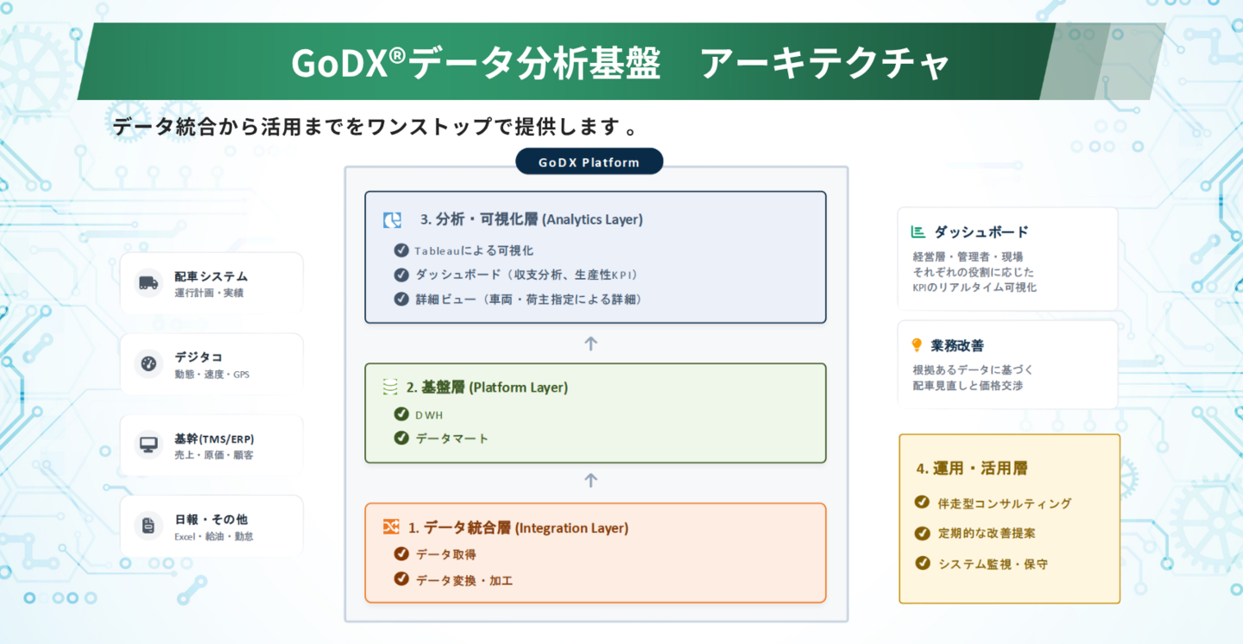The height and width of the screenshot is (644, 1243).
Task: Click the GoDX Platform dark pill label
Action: tap(589, 162)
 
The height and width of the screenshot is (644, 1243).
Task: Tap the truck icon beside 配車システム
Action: tap(148, 282)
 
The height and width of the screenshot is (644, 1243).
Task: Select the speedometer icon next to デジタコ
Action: tap(148, 363)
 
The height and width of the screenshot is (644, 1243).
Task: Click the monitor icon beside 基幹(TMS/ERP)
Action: tap(148, 445)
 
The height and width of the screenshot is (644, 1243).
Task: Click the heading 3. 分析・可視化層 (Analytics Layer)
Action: tap(531, 219)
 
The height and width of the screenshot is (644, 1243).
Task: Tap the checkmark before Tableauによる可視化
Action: tap(401, 250)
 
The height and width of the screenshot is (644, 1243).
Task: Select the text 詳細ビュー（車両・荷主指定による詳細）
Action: tap(529, 299)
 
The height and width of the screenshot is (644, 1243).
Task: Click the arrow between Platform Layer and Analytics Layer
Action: tap(590, 344)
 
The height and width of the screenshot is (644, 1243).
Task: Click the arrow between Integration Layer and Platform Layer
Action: tap(590, 480)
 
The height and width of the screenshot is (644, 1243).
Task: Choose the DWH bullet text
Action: tap(429, 414)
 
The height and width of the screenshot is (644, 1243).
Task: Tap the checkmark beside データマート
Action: tap(401, 438)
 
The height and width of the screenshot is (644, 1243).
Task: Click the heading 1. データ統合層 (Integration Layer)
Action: tap(518, 527)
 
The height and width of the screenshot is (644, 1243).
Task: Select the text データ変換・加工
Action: tap(464, 580)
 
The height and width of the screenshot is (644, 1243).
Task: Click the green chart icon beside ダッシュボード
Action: tap(918, 232)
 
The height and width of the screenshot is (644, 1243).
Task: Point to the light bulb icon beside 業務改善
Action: tap(917, 345)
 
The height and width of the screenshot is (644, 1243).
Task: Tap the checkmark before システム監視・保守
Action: tap(921, 563)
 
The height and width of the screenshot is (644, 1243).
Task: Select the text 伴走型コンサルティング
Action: tap(1004, 503)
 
